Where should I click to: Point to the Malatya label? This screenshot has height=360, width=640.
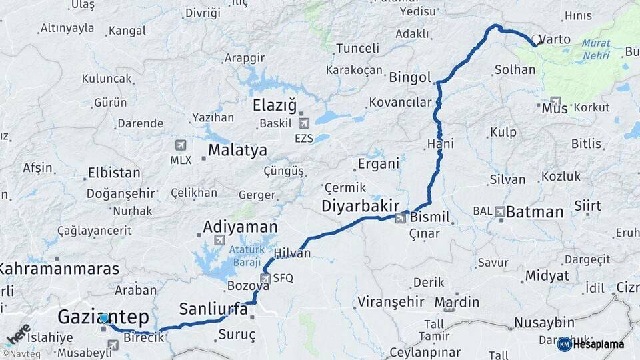tap(237, 150)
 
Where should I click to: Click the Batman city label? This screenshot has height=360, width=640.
tap(535, 212)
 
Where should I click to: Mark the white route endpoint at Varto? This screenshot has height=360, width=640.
tap(536, 41)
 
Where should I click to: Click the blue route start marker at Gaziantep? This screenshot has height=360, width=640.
tap(104, 319)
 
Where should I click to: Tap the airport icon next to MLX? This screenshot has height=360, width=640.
tap(180, 145)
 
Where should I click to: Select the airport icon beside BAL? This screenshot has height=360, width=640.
tap(500, 211)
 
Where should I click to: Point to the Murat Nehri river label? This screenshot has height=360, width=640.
tap(596, 49)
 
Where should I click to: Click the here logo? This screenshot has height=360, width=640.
tap(17, 334)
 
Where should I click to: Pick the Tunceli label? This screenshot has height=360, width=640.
tap(357, 48)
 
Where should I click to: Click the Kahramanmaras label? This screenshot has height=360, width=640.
tap(59, 269)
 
